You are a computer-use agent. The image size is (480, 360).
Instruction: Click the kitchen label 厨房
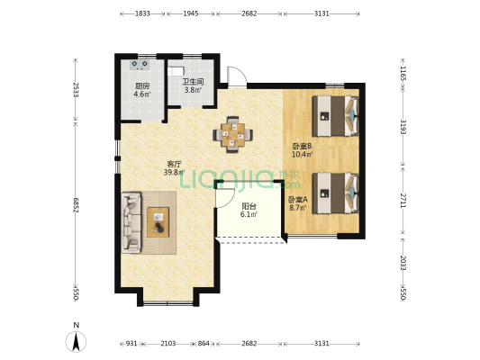click(x=142, y=85)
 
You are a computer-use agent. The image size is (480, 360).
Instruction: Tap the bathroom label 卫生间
click(x=193, y=82)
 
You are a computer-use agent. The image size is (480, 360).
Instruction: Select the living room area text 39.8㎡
click(x=174, y=172)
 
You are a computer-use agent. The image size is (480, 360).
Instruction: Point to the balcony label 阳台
click(x=249, y=206)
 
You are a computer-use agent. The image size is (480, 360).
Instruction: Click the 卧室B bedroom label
click(x=302, y=146)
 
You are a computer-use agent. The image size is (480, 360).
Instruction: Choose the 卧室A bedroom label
click(x=298, y=200)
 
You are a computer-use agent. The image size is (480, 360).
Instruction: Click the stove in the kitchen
click(x=140, y=65)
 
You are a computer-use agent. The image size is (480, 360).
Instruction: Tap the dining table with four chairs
click(x=233, y=134)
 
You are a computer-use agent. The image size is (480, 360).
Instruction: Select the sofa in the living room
click(x=131, y=222)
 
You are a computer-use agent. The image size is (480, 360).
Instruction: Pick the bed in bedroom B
click(x=335, y=116)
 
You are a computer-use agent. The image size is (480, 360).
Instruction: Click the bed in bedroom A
click(x=335, y=193)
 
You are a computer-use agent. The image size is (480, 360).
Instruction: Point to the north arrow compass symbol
click(x=77, y=341)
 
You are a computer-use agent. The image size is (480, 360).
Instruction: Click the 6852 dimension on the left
click(x=76, y=205)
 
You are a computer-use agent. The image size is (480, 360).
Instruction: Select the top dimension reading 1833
click(x=142, y=13)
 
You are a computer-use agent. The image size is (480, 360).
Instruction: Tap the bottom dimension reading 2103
click(x=168, y=344)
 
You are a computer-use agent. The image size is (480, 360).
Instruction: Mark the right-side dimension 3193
click(x=403, y=127)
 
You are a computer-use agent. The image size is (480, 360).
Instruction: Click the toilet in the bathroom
click(x=176, y=71)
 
